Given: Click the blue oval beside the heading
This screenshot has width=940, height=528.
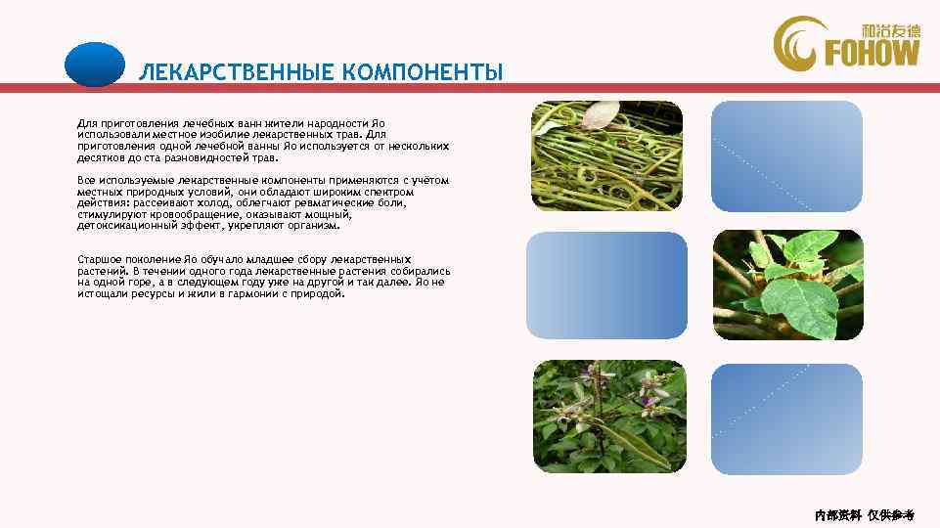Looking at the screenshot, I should pos(94,65).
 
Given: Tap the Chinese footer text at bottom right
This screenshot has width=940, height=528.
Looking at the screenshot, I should pos(864,514).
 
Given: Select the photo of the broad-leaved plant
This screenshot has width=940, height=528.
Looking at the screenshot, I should pos(787,284).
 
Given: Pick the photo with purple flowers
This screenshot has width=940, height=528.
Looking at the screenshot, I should pos(606,416).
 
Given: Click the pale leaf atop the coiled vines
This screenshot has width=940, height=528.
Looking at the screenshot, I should pos(599,115).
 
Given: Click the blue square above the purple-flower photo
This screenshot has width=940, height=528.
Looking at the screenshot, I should pos(606,285).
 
